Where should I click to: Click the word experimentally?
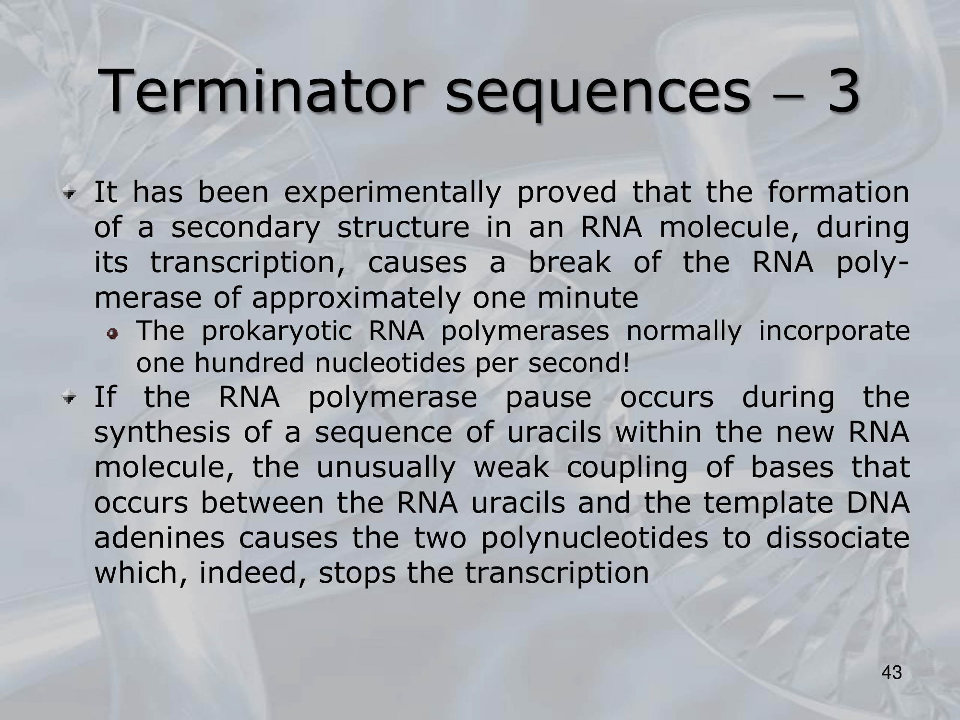[x=392, y=193]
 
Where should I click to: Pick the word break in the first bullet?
[x=570, y=262]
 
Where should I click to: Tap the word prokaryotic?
[x=277, y=332]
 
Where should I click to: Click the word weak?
[x=511, y=468]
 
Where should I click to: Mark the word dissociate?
[x=838, y=538]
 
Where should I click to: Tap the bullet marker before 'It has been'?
[x=72, y=194]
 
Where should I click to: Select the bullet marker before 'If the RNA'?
[x=72, y=398]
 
